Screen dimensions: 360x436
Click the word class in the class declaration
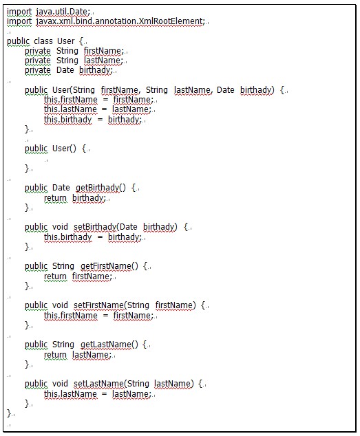click(43, 41)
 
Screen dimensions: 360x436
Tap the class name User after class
click(65, 41)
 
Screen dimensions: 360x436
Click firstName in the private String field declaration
click(103, 51)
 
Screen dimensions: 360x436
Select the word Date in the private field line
click(65, 70)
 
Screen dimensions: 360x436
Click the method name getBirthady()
click(100, 188)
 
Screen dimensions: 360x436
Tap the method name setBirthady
click(95, 227)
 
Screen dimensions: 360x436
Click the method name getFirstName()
click(109, 266)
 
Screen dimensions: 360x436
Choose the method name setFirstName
click(98, 305)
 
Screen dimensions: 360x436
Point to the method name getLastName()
click(109, 345)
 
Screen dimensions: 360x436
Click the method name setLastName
click(98, 384)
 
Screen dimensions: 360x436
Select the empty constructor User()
click(64, 149)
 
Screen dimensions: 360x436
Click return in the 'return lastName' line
click(55, 355)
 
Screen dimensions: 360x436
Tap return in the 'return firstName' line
click(55, 276)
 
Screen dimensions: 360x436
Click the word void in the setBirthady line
click(60, 227)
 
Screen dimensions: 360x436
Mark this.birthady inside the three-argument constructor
click(67, 120)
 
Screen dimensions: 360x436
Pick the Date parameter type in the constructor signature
click(226, 90)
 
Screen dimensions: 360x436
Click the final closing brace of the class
click(10, 413)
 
